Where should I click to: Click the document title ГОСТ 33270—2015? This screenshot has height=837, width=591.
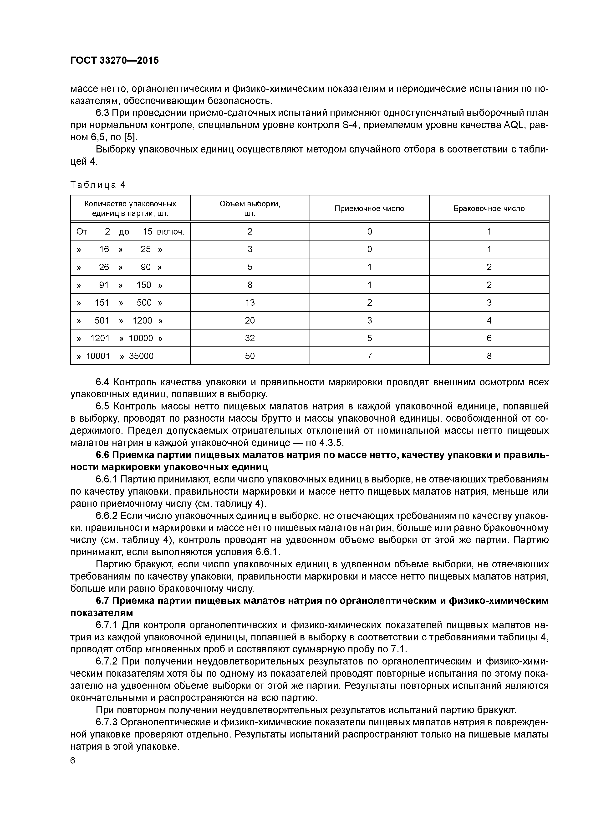pyautogui.click(x=114, y=61)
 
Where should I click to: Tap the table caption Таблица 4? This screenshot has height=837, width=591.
pyautogui.click(x=98, y=185)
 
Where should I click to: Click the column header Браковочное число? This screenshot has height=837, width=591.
pyautogui.click(x=489, y=209)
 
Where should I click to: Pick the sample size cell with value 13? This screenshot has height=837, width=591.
pyautogui.click(x=250, y=303)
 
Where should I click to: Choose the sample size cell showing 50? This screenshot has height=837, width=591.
pyautogui.click(x=250, y=356)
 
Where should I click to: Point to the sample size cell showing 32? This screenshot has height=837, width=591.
pyautogui.click(x=250, y=338)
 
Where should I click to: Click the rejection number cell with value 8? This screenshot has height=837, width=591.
pyautogui.click(x=489, y=356)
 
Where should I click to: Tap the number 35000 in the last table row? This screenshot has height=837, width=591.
pyautogui.click(x=141, y=356)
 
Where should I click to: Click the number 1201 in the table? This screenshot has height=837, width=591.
pyautogui.click(x=100, y=338)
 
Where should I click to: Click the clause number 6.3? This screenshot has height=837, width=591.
pyautogui.click(x=103, y=113)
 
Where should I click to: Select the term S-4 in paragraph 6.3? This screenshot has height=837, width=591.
pyautogui.click(x=351, y=125)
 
